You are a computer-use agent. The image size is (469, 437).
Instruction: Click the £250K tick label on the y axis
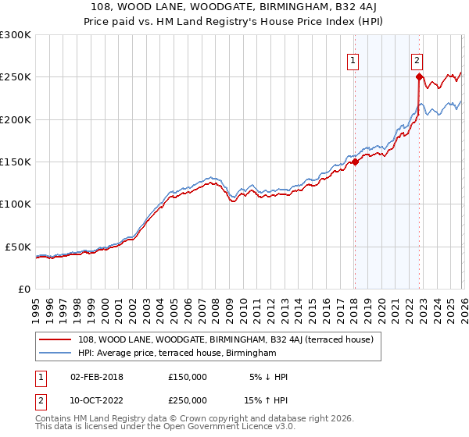[x=16, y=77]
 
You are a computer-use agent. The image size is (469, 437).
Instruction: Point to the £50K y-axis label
[x=18, y=247]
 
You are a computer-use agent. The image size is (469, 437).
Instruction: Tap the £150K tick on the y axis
[x=16, y=162]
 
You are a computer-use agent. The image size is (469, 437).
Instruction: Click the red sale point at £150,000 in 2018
[x=354, y=162]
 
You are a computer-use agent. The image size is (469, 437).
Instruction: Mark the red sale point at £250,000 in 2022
[x=419, y=76]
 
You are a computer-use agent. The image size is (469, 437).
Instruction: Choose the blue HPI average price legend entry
[x=177, y=353]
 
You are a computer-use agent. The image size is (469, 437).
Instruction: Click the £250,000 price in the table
[x=188, y=400]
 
